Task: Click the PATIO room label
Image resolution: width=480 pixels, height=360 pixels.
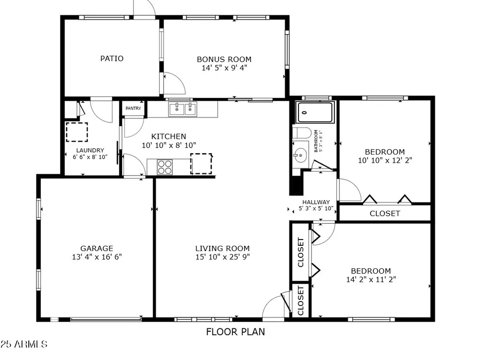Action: tap(112, 58)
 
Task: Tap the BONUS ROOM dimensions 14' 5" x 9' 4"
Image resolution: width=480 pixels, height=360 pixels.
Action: tap(224, 68)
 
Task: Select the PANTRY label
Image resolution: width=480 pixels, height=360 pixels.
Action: tap(133, 108)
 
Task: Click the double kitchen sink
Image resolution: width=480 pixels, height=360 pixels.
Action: tap(182, 109)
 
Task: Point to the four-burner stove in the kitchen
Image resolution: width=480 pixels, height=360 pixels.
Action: tap(165, 167)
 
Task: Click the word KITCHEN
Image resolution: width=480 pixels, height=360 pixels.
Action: tap(168, 136)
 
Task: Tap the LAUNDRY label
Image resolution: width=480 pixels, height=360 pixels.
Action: tap(90, 150)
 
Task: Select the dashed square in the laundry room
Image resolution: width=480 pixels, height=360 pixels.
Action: tap(77, 132)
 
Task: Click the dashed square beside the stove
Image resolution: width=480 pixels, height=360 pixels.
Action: tap(201, 164)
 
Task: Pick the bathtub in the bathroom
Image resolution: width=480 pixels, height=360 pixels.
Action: tap(315, 112)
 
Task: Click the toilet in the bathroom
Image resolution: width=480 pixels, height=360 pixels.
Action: tap(302, 133)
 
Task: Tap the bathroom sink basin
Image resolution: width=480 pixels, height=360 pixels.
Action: tap(300, 156)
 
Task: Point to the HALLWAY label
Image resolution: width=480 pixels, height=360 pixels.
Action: tap(316, 202)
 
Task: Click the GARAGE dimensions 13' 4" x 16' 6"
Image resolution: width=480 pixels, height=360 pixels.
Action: tap(97, 257)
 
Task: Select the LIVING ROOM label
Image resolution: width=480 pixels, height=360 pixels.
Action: tap(223, 248)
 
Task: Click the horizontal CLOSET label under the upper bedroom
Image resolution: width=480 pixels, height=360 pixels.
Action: tap(385, 214)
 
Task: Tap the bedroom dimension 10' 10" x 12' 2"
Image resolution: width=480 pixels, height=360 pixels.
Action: tap(385, 160)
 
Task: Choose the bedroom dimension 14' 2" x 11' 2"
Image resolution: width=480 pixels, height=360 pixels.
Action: tap(371, 279)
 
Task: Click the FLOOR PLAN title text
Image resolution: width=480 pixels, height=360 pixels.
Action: tap(235, 332)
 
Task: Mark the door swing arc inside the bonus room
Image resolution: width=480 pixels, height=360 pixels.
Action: tap(181, 80)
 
